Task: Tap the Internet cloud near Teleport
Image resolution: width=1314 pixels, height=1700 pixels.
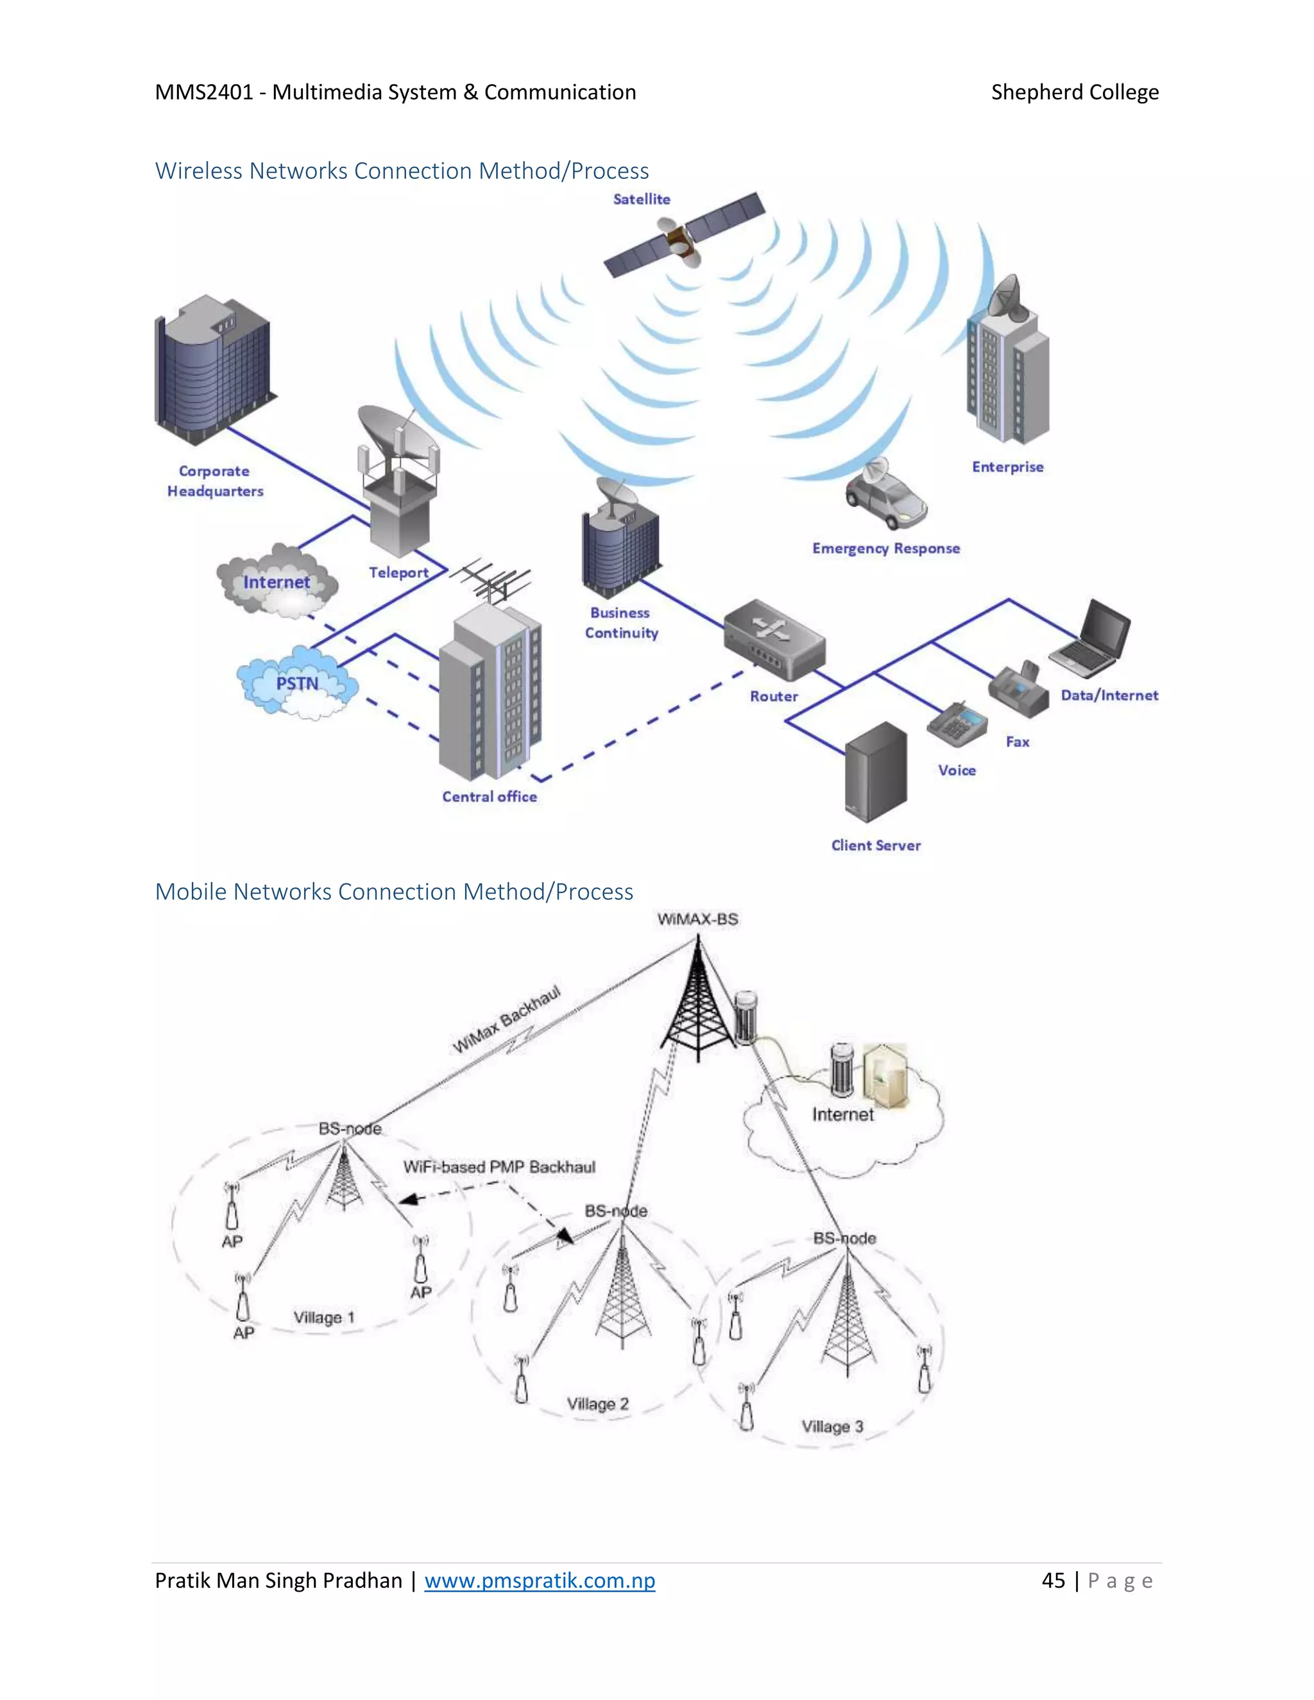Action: (277, 582)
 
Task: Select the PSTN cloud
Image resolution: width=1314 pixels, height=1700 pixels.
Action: (297, 683)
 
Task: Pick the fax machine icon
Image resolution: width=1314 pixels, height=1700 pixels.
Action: (1019, 690)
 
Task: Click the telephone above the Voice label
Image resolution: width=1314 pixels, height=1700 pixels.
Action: (957, 723)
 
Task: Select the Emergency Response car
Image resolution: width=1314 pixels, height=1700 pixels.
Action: (887, 495)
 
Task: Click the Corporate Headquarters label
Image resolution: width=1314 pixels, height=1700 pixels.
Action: (215, 481)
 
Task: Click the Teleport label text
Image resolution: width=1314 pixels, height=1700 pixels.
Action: (398, 572)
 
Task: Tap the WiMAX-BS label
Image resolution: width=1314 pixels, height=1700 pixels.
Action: (697, 919)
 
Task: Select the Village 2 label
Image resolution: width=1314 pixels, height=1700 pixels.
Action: (597, 1404)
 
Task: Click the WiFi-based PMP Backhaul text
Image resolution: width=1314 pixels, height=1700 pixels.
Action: (499, 1167)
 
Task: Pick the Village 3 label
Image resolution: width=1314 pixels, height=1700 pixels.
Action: (832, 1427)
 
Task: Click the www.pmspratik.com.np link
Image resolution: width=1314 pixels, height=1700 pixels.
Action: (540, 1581)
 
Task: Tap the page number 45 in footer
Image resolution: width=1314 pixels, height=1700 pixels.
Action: (1054, 1581)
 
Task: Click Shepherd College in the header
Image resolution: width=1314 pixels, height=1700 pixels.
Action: (1074, 92)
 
